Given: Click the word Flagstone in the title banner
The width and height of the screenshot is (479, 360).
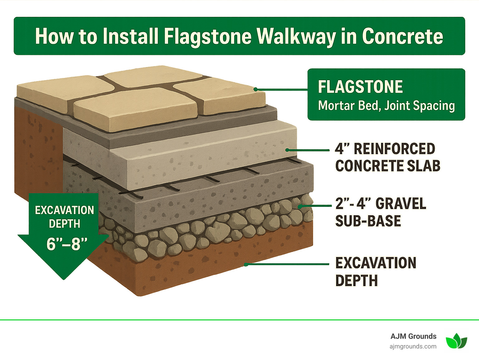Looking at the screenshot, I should coord(208,36).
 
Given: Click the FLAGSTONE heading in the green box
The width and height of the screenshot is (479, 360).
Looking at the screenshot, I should coord(360,87).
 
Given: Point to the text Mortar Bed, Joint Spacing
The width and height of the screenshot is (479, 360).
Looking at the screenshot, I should coord(386,106).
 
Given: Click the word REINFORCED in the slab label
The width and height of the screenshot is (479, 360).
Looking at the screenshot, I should coord(394,149).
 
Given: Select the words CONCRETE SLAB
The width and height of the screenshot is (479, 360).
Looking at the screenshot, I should coord(388,166).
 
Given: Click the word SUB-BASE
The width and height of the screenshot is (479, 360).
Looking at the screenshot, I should coord(368,221).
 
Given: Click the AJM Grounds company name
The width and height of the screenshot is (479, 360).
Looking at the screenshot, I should coord(413,336).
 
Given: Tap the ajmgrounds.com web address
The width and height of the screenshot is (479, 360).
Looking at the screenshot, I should coord(413,346).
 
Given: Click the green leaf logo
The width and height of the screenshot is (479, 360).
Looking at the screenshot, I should coord(456,341).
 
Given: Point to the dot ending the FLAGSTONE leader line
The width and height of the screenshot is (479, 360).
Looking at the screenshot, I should coord(255,90).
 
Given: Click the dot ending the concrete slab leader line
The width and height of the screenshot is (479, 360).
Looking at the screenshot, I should coord(287,150).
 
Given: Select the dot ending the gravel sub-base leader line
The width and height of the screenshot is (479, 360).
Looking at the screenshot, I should coord(299,206).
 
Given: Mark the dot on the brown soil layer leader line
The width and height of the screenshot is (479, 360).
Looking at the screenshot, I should coord(246,265).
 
